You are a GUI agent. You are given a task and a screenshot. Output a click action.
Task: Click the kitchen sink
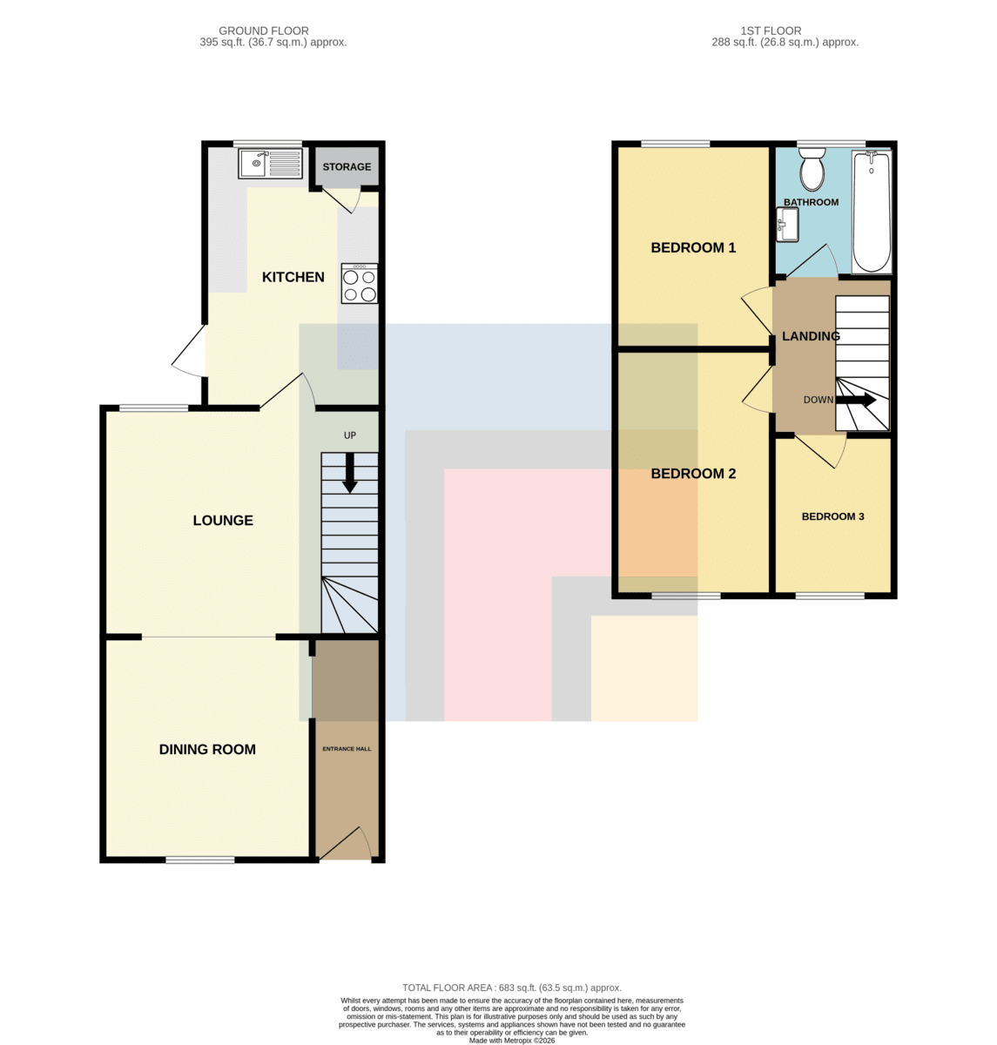(271, 163)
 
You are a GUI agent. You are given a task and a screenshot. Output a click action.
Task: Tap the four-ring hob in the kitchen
(360, 283)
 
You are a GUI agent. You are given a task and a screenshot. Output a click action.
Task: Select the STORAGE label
(347, 167)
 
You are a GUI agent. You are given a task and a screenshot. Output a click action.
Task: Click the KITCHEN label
(293, 277)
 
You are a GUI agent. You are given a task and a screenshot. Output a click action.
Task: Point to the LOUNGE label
(223, 521)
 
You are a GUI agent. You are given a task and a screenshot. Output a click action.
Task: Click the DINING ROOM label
(207, 750)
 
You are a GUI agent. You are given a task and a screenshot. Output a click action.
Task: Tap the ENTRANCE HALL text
(347, 749)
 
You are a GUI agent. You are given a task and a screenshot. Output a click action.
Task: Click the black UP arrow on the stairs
(350, 473)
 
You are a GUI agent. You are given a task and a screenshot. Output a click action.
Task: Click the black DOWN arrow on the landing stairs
(856, 400)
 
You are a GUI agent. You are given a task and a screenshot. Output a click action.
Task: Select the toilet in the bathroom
(812, 169)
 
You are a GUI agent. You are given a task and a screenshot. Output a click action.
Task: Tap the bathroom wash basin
(788, 225)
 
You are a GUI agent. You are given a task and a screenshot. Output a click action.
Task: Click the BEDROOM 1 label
(693, 247)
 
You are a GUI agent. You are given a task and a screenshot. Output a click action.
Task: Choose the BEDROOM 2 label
(693, 474)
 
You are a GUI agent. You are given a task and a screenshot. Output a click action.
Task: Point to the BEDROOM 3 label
(832, 516)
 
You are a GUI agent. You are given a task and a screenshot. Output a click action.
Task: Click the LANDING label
(811, 336)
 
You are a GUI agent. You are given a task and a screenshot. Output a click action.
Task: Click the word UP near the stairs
(350, 435)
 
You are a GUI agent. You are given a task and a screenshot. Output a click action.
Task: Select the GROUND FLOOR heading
(264, 30)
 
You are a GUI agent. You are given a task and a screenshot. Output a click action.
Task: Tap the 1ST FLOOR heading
(771, 30)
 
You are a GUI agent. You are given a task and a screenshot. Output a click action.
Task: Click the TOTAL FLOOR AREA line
(512, 988)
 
